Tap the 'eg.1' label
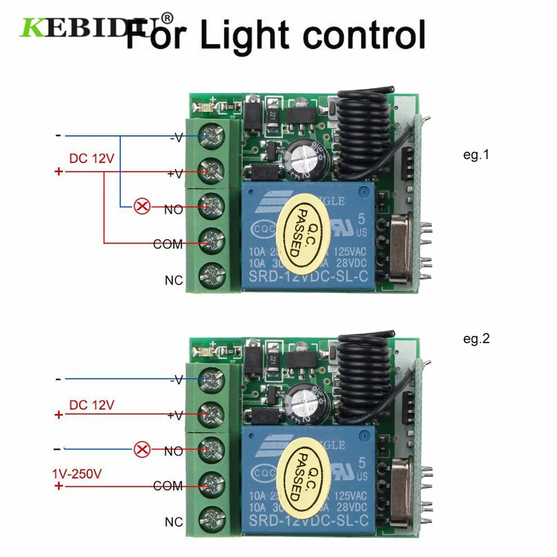(x=476, y=155)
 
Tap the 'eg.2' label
(x=476, y=339)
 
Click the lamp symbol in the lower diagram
(x=143, y=449)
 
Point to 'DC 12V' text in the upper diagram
(x=92, y=158)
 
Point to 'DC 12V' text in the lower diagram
(x=92, y=405)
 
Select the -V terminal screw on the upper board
(x=212, y=134)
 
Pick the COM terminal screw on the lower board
(x=212, y=485)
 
